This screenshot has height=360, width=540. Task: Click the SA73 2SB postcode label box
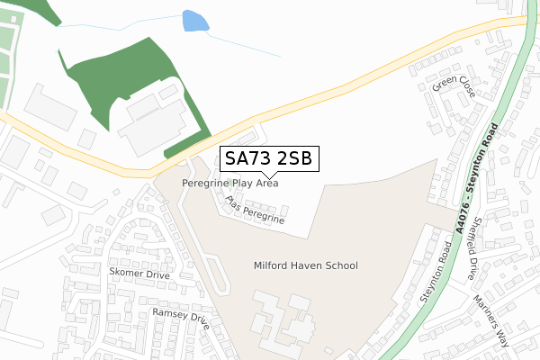[x=267, y=159]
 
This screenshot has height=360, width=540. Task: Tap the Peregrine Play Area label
[x=229, y=183]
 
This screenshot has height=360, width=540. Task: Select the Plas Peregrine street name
[x=256, y=210]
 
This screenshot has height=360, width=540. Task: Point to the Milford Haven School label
[x=305, y=265]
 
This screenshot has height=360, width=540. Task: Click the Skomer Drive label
[x=138, y=271]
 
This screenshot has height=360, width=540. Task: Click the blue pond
[x=193, y=21]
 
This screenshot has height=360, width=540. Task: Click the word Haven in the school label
[x=305, y=265]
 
